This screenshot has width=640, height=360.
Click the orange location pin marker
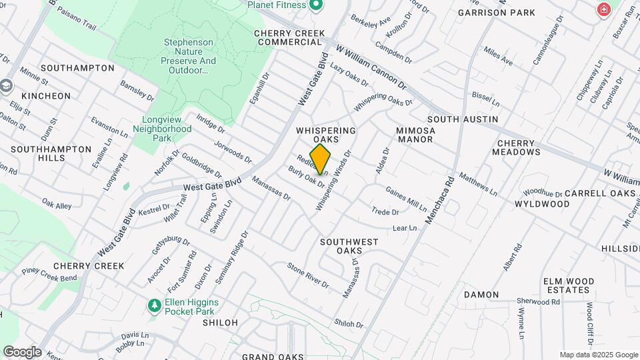click(320, 159)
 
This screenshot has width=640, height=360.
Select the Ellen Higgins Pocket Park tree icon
click(154, 305)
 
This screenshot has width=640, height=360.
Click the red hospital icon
click(603, 10)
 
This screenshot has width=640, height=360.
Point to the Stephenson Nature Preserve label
click(189, 56)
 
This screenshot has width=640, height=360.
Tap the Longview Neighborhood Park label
click(162, 129)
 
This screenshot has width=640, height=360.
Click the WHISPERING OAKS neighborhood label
click(326, 135)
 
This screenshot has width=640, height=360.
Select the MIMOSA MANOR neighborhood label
click(415, 135)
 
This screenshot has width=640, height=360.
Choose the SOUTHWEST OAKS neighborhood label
click(349, 246)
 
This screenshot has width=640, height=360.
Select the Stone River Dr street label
click(308, 275)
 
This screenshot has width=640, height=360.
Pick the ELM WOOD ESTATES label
click(569, 285)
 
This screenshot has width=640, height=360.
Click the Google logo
click(21, 351)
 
